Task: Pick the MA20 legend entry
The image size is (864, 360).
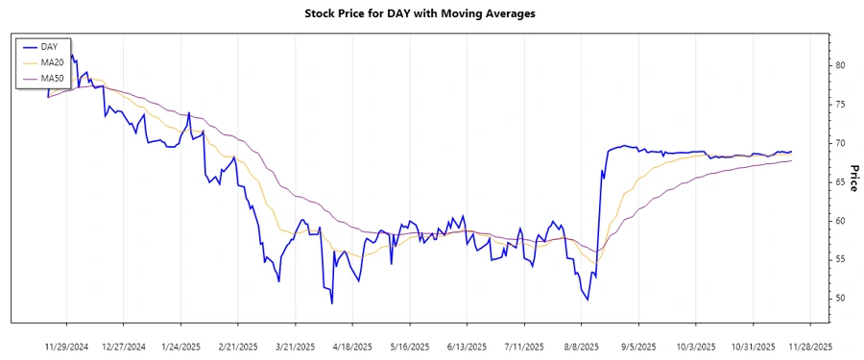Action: point(52,62)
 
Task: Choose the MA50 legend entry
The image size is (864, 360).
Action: point(52,78)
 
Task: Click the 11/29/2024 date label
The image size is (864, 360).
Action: point(67,346)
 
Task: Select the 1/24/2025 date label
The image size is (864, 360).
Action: point(181,346)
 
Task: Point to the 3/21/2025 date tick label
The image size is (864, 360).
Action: point(296,346)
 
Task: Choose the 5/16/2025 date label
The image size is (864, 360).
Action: point(410,346)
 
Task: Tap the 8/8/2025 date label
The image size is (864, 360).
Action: point(582,346)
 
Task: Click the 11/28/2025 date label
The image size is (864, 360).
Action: point(811,346)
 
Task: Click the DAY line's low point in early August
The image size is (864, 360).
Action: point(588,300)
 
